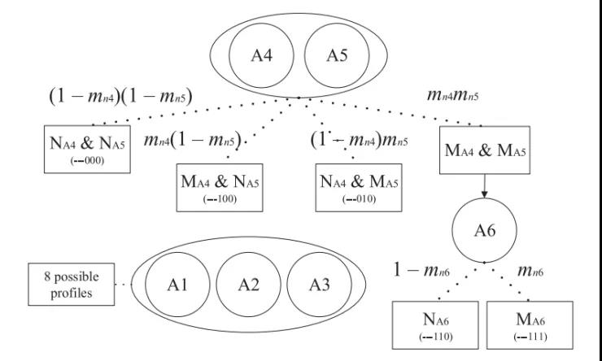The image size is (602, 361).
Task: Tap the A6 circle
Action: pos(485,230)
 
